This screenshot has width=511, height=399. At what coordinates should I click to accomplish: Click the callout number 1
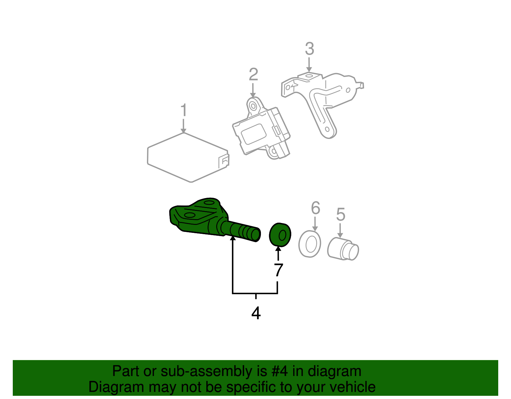[x=183, y=110]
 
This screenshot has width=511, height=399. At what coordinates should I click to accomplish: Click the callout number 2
[x=253, y=74]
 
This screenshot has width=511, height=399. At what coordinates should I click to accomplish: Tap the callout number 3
[x=309, y=49]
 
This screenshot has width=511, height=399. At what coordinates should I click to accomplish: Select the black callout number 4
[x=256, y=313]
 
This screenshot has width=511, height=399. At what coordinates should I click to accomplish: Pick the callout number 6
[x=315, y=208]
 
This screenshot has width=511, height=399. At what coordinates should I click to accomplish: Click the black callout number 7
[x=278, y=270]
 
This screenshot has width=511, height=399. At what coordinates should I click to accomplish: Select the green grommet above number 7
[x=280, y=235]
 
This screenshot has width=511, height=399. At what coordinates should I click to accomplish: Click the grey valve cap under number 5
[x=343, y=249]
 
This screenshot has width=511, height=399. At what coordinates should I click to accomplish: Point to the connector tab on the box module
[x=224, y=161]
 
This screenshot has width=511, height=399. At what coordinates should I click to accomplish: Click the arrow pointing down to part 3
[x=309, y=65]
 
